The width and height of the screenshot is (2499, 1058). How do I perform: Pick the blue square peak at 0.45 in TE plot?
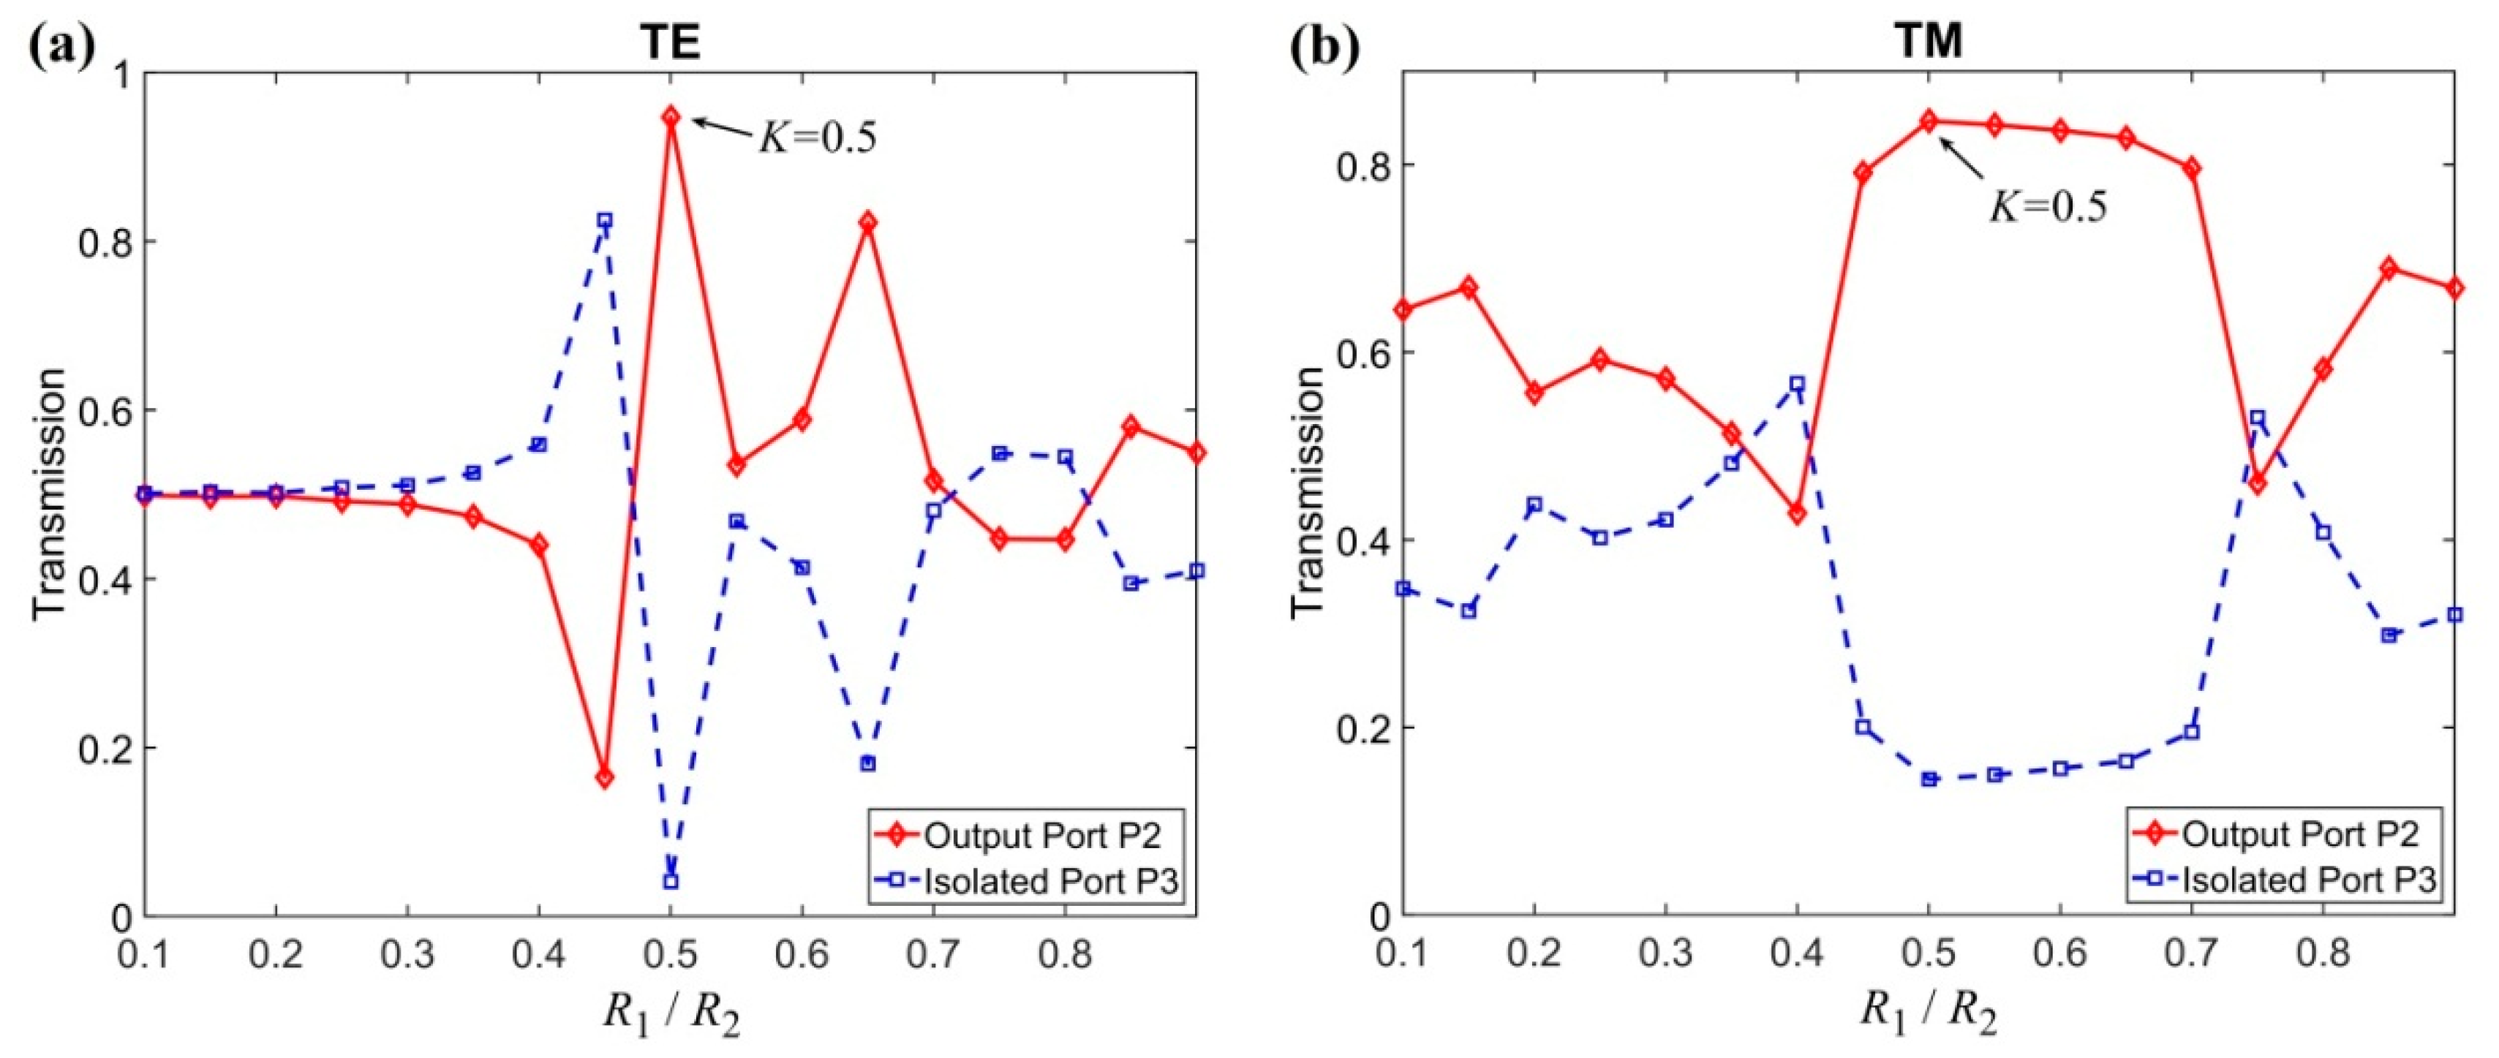coord(604,220)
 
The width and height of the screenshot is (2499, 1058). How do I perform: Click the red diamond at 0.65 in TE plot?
coord(867,222)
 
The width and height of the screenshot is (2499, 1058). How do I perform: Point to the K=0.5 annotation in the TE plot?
coord(817,139)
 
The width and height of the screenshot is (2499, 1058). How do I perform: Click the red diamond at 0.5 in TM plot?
coord(1929,148)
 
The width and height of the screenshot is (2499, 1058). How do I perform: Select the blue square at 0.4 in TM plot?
coord(1797,384)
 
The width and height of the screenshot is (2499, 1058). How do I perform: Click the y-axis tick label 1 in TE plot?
coord(124,74)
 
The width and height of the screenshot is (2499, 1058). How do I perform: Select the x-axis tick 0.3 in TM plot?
coord(1665,954)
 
